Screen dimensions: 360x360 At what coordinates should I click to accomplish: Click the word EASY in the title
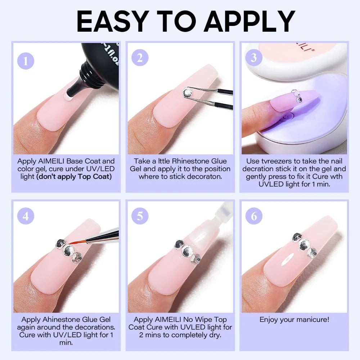point(111,21)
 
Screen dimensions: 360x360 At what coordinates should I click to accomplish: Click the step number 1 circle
point(26,61)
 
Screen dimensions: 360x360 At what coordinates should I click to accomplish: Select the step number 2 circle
point(140,57)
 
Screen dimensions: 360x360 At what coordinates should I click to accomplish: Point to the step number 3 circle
point(254,57)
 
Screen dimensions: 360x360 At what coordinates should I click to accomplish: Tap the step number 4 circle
point(26,216)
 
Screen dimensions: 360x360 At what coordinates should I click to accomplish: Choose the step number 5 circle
point(140,216)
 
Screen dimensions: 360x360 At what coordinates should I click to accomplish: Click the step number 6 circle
point(254,216)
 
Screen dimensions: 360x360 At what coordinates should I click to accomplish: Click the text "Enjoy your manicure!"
point(294,319)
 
